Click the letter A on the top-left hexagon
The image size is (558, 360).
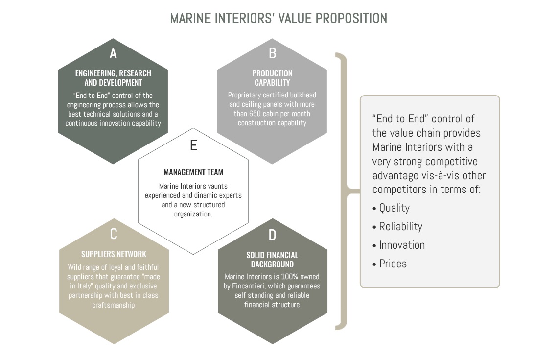point(113,53)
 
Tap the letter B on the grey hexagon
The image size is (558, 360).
point(272,53)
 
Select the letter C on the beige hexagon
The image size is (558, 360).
point(114,234)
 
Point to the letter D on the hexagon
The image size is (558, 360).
point(272,235)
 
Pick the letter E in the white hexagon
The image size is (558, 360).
point(194,145)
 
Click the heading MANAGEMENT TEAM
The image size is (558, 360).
point(194,172)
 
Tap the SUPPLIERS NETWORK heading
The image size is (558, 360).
point(114,254)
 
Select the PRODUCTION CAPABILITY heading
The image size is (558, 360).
point(272,78)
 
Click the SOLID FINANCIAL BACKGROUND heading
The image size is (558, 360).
point(272,260)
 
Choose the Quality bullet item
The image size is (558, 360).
point(391,208)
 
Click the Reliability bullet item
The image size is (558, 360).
point(397,226)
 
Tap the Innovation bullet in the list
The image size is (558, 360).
point(398,245)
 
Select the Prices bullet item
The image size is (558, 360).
point(389,264)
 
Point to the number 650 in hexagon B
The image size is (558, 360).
point(254,114)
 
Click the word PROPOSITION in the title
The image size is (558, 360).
point(351,18)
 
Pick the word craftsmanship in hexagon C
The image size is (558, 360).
point(114,305)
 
